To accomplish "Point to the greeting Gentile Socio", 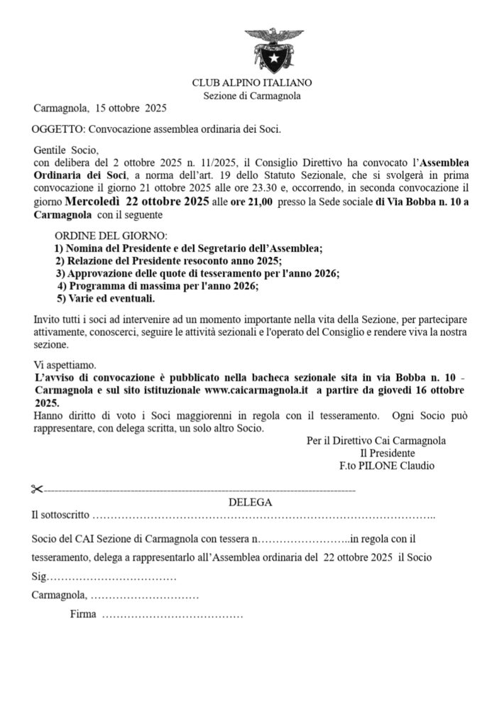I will click(x=64, y=151).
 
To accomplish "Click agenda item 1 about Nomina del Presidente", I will click(x=188, y=248).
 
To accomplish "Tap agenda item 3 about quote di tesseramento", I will click(x=197, y=273).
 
